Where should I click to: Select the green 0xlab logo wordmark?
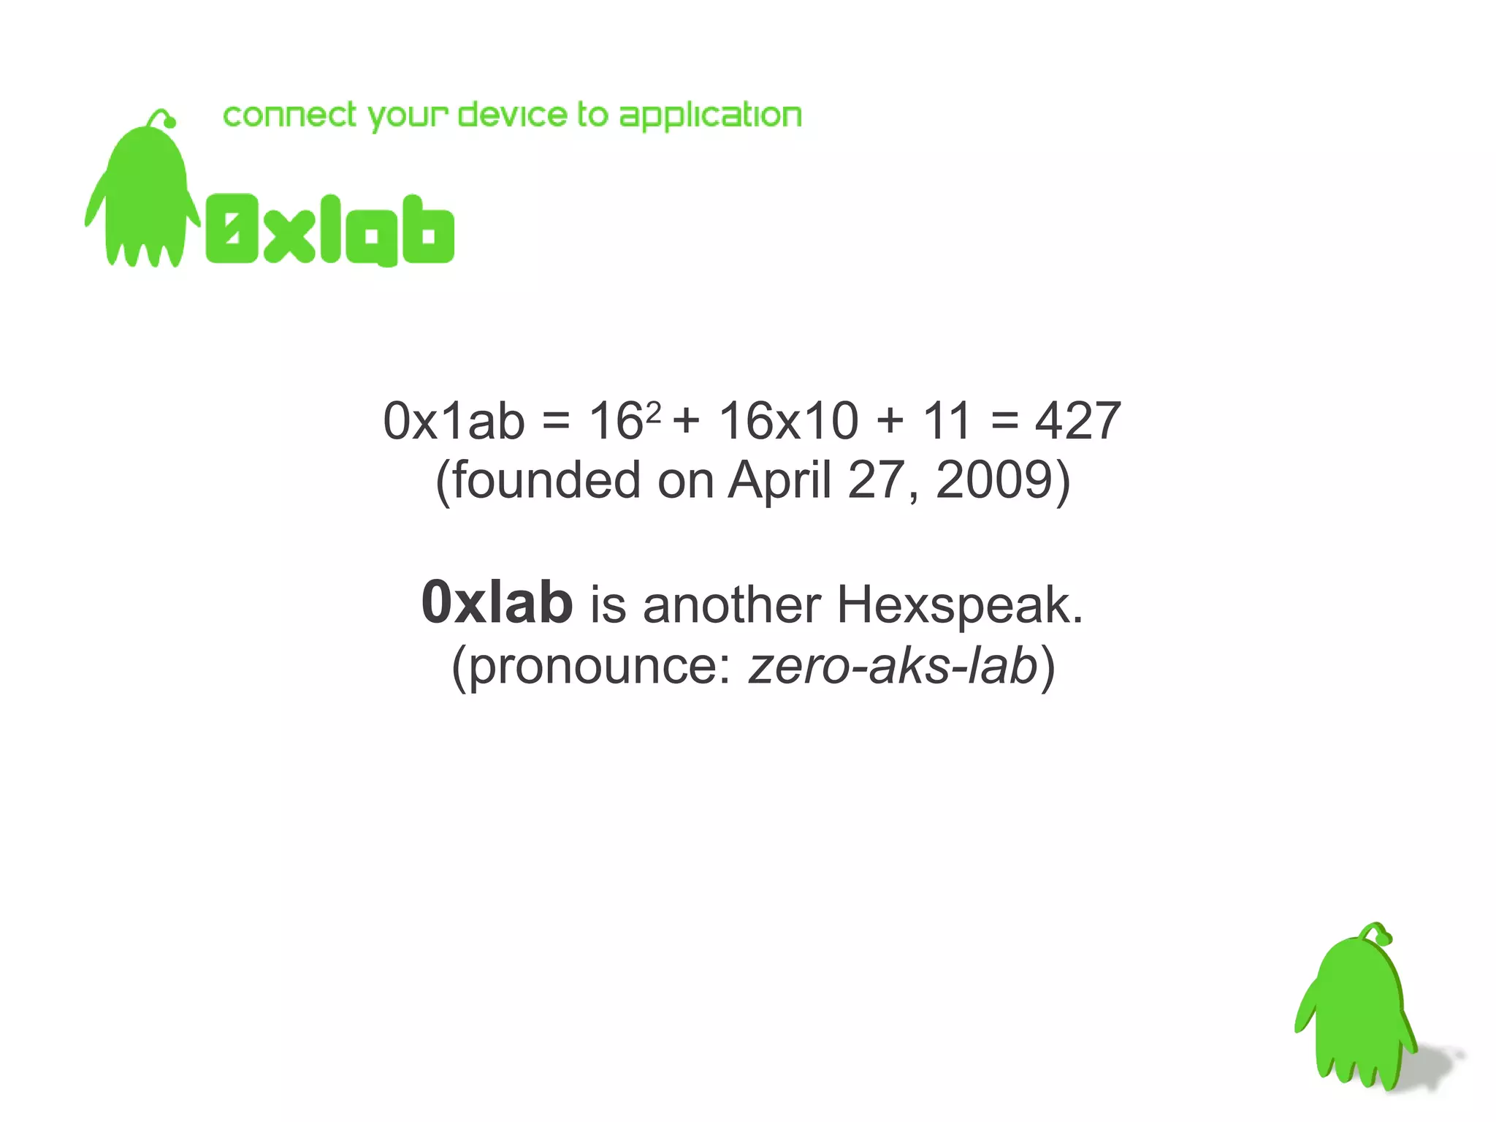tap(329, 230)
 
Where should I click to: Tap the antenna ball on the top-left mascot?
tap(170, 122)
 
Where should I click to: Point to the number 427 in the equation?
tap(1077, 422)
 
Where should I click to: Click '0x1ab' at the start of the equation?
tap(454, 422)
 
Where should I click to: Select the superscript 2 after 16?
tap(654, 411)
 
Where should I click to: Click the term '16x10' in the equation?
tap(788, 422)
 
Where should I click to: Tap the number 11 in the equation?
tap(946, 422)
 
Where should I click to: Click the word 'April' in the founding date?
tap(779, 481)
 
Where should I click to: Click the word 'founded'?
tap(546, 481)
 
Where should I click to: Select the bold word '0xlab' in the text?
tap(497, 604)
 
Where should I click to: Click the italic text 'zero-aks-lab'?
tap(893, 666)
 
